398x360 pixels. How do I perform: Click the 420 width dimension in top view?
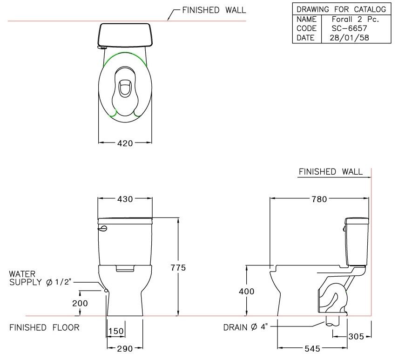[125, 143]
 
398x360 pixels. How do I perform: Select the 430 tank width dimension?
[125, 199]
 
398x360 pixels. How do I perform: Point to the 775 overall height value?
[178, 268]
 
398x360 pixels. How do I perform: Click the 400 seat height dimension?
[247, 292]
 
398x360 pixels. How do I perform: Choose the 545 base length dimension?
[312, 348]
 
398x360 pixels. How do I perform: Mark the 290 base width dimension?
[125, 348]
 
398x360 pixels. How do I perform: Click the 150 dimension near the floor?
[115, 331]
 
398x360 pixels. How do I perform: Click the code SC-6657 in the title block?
[345, 28]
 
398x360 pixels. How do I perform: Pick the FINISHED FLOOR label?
[44, 327]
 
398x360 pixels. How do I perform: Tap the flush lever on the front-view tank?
[103, 228]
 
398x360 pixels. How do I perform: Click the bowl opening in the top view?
[125, 88]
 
